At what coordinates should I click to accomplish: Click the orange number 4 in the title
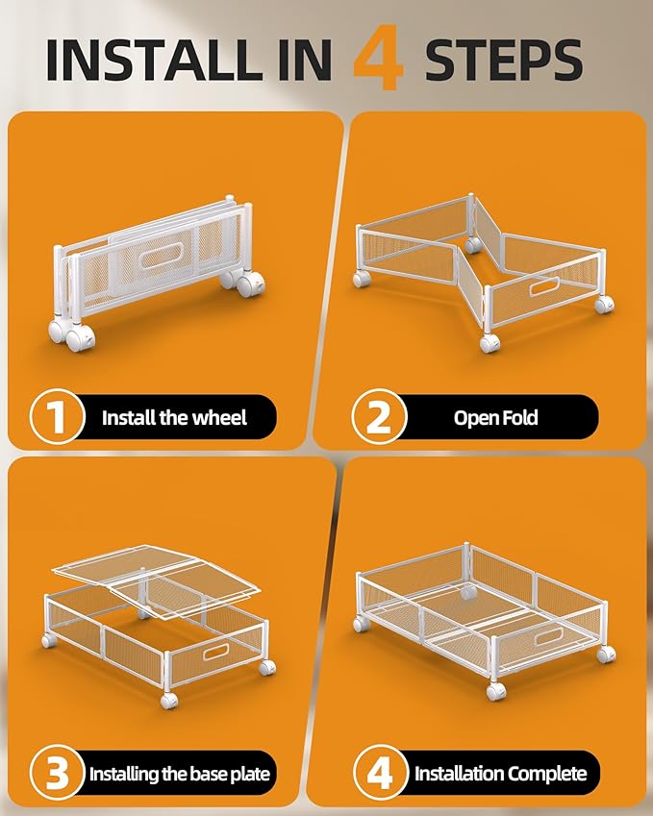pyautogui.click(x=379, y=58)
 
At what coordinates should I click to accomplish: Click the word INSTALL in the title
pyautogui.click(x=154, y=60)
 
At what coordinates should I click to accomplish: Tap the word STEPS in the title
pyautogui.click(x=504, y=60)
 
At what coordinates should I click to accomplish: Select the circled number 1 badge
pyautogui.click(x=57, y=416)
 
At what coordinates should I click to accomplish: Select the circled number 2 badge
pyautogui.click(x=379, y=416)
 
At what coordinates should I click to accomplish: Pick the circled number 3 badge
pyautogui.click(x=57, y=773)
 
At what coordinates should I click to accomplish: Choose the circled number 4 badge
pyautogui.click(x=380, y=773)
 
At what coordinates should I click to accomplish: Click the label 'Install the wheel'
pyautogui.click(x=174, y=417)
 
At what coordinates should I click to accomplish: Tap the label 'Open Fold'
pyautogui.click(x=495, y=417)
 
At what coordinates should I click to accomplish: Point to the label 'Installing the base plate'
pyautogui.click(x=180, y=774)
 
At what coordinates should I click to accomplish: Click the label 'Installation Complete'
pyautogui.click(x=500, y=774)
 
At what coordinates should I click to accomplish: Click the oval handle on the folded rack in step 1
pyautogui.click(x=160, y=256)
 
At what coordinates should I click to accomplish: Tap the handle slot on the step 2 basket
pyautogui.click(x=544, y=286)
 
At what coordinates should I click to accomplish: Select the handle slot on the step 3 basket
pyautogui.click(x=215, y=652)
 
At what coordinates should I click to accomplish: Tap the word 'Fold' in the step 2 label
pyautogui.click(x=518, y=417)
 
